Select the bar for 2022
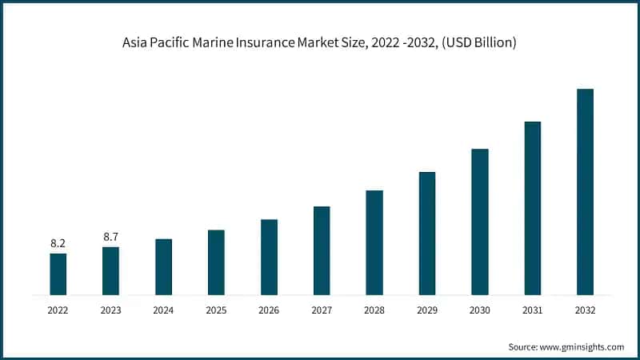coord(58,274)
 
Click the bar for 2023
coord(110,271)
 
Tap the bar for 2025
coord(216,262)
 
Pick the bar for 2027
coord(322,250)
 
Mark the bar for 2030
coord(480,222)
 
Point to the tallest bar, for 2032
coord(586,192)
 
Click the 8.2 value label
coord(58,242)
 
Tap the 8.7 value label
coord(110,236)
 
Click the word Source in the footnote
coord(523,347)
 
